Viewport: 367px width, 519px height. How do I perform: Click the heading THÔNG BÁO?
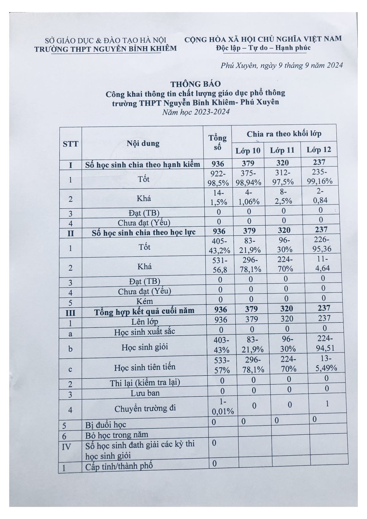tap(195, 84)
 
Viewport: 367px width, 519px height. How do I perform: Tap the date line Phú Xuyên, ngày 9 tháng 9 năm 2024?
tap(281, 65)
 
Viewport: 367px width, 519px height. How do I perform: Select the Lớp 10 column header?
tap(248, 151)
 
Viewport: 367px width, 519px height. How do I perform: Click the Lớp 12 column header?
tap(318, 150)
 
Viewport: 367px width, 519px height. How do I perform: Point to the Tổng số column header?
tap(217, 143)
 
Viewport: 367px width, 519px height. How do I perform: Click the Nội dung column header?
tap(143, 144)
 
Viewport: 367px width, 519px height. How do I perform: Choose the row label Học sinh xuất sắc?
tap(145, 332)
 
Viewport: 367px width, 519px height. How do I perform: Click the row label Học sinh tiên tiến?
tap(145, 368)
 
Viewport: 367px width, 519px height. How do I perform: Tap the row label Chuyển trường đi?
tap(145, 409)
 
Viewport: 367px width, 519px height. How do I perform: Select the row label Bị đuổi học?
tap(106, 425)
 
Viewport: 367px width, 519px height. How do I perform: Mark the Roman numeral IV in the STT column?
tap(66, 446)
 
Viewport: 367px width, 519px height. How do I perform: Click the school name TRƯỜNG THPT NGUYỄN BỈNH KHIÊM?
tap(105, 49)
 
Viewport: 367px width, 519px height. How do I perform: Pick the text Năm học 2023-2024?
tap(196, 112)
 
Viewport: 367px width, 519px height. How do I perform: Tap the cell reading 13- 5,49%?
tap(326, 363)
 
